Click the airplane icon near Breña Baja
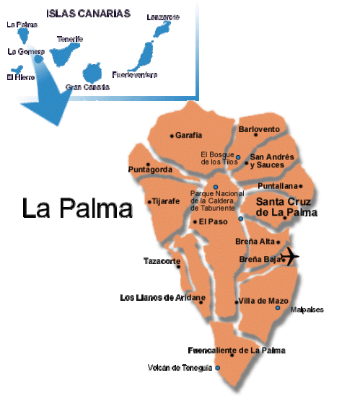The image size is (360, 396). click(x=290, y=256)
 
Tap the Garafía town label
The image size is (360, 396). click(x=189, y=135)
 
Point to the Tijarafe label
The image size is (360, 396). click(x=165, y=202)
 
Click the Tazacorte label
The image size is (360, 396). click(x=161, y=260)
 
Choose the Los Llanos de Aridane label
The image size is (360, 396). click(x=162, y=297)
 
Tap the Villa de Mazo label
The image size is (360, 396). click(x=260, y=300)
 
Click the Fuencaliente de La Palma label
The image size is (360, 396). click(x=236, y=351)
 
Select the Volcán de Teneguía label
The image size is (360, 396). click(x=180, y=368)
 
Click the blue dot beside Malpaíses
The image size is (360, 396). click(x=278, y=308)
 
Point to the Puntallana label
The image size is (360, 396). click(x=277, y=185)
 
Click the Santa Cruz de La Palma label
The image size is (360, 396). click(x=287, y=208)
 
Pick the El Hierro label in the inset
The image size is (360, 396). click(x=20, y=76)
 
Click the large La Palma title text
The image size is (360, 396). click(x=77, y=208)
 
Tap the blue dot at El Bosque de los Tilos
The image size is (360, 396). click(x=238, y=157)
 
